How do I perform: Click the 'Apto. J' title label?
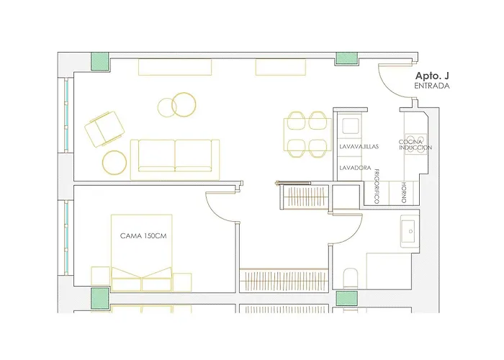tap(432, 76)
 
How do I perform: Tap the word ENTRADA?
tap(432, 86)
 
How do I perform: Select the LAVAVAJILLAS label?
tap(359, 147)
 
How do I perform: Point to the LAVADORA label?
tap(355, 168)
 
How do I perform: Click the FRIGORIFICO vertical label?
tap(377, 186)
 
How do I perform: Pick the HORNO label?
tap(404, 192)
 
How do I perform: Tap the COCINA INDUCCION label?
tap(415, 145)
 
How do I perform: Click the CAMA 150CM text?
tap(143, 236)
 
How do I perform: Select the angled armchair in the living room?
tap(104, 129)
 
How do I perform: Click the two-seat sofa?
tap(175, 159)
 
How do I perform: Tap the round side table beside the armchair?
tap(114, 162)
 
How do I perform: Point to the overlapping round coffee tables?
tap(177, 104)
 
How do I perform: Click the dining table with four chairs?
tap(307, 135)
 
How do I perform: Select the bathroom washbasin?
tap(410, 231)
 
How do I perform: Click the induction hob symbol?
tap(415, 144)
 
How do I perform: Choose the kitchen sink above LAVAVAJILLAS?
tap(351, 126)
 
